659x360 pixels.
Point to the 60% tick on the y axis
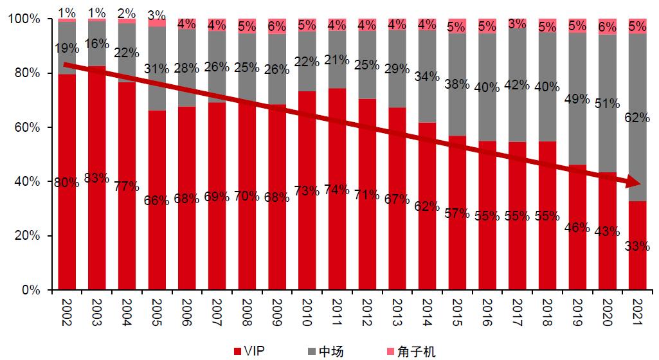27,127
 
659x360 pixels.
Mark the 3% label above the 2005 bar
156,14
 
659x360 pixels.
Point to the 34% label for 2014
427,76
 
